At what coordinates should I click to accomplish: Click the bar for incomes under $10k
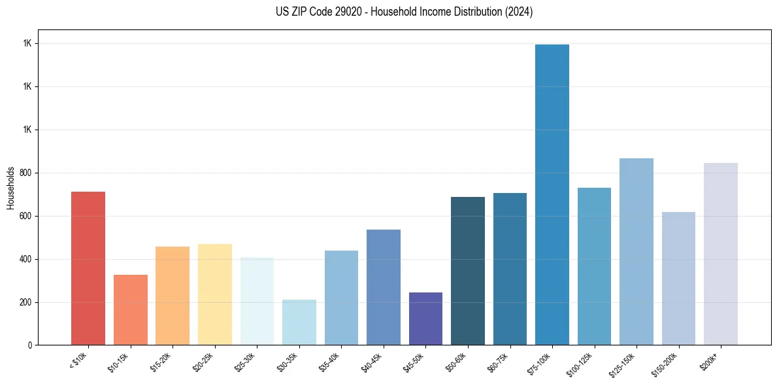click(88, 268)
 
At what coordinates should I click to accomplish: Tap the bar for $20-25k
click(215, 294)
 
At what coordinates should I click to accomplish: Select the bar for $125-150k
click(636, 251)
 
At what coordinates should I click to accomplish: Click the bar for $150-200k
click(678, 278)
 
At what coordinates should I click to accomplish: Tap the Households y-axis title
click(10, 187)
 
